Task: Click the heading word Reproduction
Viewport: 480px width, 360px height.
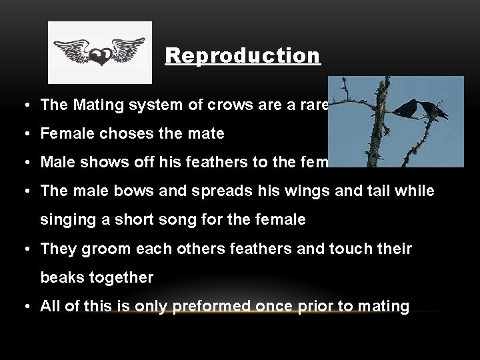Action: (243, 55)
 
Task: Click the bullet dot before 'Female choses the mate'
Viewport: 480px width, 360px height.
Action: (24, 134)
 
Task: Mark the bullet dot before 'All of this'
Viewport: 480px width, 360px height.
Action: (24, 307)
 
